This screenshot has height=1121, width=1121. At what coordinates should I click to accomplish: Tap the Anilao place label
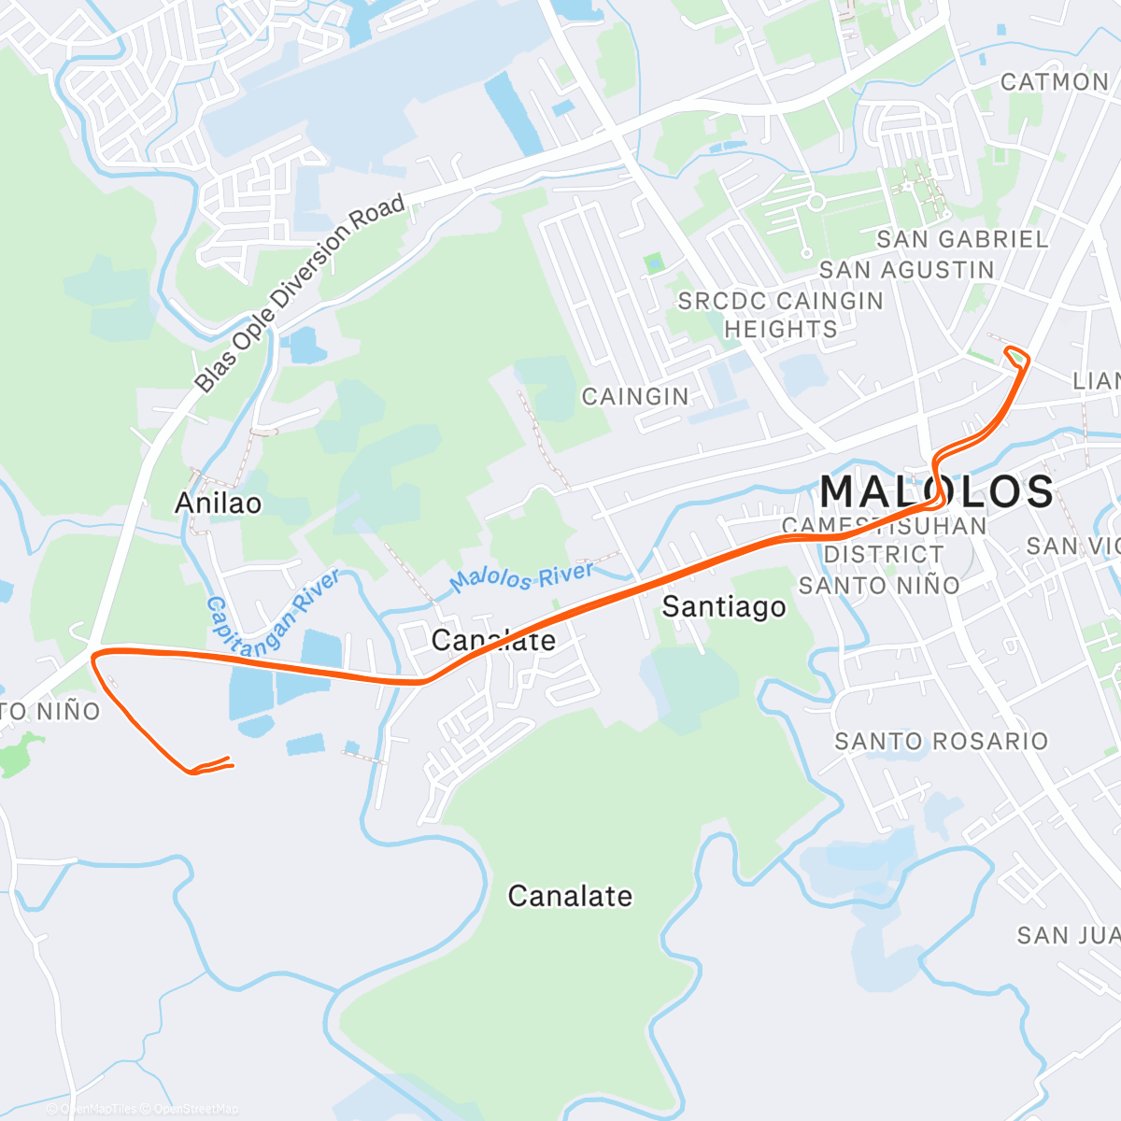[x=219, y=504]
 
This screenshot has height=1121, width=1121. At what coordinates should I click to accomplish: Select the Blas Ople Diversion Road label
[x=300, y=292]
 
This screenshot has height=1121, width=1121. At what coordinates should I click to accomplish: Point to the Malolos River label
[x=521, y=577]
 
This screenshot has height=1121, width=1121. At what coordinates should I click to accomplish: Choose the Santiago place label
[x=724, y=607]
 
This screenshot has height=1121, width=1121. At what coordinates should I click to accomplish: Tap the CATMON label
[x=1055, y=82]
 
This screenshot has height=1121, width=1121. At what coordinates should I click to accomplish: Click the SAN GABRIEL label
[x=962, y=240]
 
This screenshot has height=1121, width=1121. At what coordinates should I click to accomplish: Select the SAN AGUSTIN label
[x=906, y=270]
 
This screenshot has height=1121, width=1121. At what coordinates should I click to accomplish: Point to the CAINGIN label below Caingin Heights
[x=635, y=397]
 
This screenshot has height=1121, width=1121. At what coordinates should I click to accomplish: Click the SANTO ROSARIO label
[x=941, y=742]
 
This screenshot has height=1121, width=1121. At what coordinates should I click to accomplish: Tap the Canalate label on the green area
[x=570, y=897]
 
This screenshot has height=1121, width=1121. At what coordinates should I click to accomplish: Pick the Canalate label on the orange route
[x=493, y=641]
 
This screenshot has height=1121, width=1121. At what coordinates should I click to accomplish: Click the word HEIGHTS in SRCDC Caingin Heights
[x=781, y=330]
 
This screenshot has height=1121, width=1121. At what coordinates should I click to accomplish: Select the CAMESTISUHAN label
[x=884, y=526]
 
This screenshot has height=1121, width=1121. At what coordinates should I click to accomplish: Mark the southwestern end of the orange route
[x=230, y=765]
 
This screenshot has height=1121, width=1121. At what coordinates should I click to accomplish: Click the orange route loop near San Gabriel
[x=1017, y=355]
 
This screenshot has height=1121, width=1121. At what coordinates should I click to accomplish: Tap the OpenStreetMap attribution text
[x=196, y=1109]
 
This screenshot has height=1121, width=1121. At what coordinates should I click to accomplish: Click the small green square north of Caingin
[x=654, y=263]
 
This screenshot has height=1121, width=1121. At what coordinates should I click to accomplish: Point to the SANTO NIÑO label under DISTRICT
[x=878, y=586]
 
